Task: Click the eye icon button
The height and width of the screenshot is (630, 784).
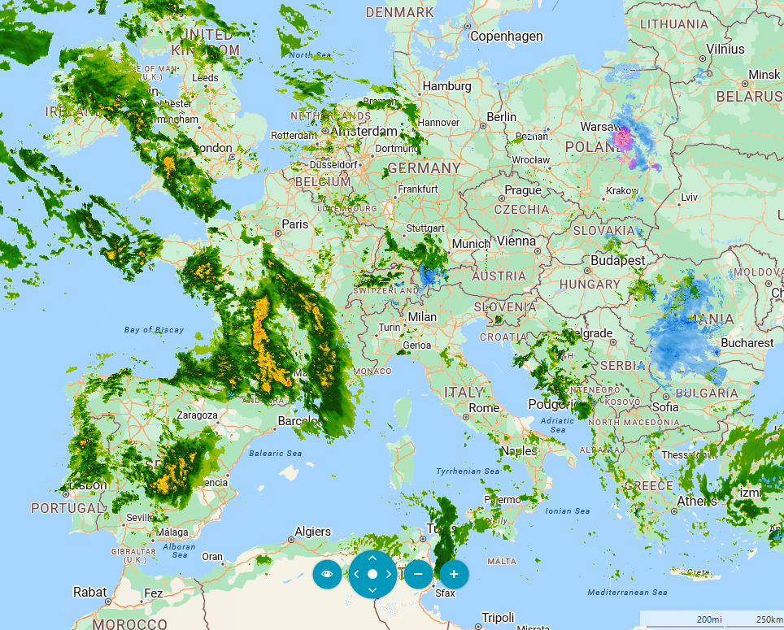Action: point(327,574)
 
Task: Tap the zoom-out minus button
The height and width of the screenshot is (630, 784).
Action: point(418,574)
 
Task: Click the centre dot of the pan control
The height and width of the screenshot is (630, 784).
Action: point(372,574)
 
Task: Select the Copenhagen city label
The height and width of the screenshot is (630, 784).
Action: point(506,37)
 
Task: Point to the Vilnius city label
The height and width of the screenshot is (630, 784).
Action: point(725,49)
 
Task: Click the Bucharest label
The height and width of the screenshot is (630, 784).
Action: point(747,343)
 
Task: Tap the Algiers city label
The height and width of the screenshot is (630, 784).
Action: point(312,532)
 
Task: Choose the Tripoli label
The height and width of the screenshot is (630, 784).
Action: point(499,617)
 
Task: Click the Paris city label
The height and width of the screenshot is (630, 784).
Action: point(294,224)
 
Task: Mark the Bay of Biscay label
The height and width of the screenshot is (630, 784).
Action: point(155,330)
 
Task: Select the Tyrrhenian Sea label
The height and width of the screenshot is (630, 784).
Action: point(468,471)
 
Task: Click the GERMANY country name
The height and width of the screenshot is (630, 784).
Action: point(424,168)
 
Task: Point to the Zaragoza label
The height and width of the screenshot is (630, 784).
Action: point(198,415)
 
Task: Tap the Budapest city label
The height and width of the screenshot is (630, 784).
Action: point(618,261)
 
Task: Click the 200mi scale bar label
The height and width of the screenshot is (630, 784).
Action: point(709,619)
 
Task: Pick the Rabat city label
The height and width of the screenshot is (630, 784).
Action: point(89,592)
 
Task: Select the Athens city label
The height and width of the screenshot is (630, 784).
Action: point(697,501)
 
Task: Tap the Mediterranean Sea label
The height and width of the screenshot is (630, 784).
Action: point(627,593)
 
